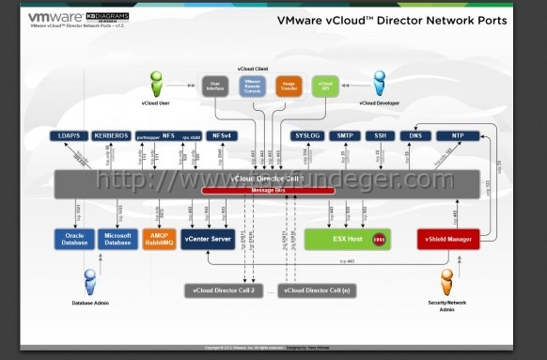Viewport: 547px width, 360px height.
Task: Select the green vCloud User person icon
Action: tap(156, 84)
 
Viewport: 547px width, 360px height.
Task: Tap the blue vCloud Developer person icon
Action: tap(380, 84)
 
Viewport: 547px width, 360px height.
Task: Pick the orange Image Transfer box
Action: tap(289, 86)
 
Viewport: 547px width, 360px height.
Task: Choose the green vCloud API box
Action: tap(325, 86)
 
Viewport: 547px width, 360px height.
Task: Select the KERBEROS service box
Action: tap(112, 136)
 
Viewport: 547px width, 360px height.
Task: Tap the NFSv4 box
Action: tap(223, 136)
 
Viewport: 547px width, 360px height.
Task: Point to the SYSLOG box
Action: tap(307, 136)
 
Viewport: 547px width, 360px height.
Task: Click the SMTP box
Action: tap(345, 136)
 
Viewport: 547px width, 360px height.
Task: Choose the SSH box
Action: tap(380, 136)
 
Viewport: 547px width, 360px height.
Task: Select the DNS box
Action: tap(414, 136)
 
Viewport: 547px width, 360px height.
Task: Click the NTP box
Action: tap(458, 136)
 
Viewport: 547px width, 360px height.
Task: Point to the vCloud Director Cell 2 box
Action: tap(219, 290)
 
